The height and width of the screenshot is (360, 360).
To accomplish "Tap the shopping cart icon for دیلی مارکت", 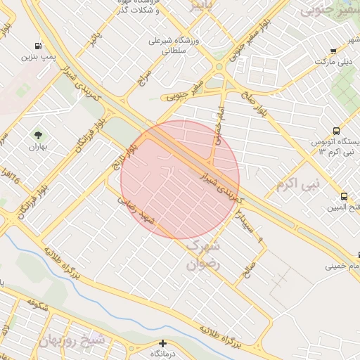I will click(334, 51).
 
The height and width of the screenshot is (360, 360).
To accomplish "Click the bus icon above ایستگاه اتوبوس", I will click(336, 131).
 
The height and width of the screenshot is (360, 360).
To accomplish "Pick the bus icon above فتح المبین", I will click(344, 196).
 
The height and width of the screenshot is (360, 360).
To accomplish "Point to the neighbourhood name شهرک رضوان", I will click(204, 255).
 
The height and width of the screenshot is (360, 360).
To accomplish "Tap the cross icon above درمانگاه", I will click(163, 343).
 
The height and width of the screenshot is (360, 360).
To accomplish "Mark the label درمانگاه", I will click(162, 354).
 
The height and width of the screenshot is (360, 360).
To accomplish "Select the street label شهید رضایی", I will click(136, 208).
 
